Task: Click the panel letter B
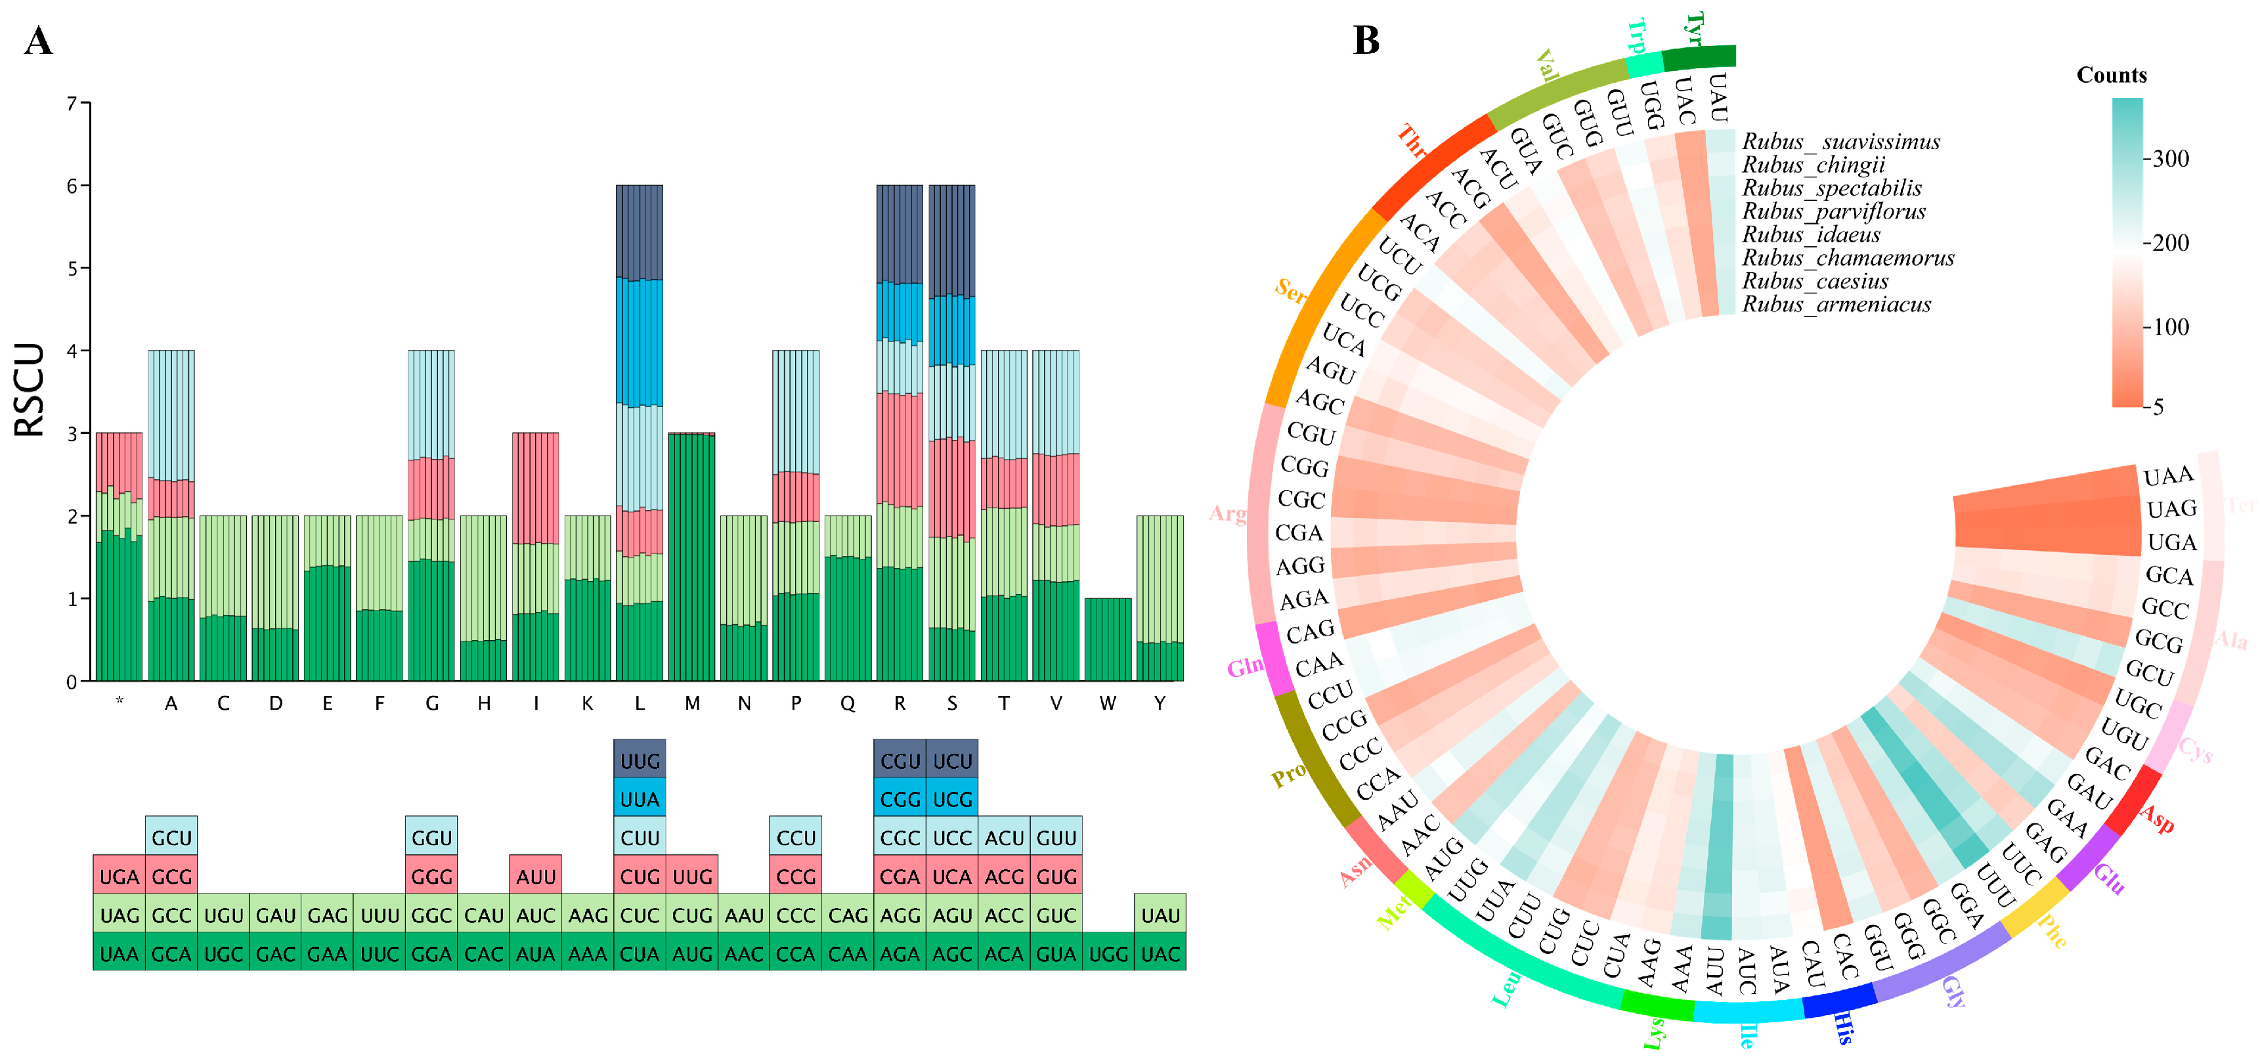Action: coord(1366,40)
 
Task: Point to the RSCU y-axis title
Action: coord(30,390)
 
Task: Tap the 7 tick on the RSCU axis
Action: coord(72,104)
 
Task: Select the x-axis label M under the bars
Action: coord(692,703)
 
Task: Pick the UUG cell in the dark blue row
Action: coord(640,760)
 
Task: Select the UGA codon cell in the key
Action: coord(120,876)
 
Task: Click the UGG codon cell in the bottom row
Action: coord(1108,953)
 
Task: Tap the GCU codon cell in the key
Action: coord(171,838)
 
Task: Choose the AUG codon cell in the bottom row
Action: coord(692,953)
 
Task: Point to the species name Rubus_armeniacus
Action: coord(1836,305)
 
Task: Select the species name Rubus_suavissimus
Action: coord(1840,141)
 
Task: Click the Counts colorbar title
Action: coord(2111,76)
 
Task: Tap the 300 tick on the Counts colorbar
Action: coord(2171,159)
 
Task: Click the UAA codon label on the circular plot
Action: coord(2168,476)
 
